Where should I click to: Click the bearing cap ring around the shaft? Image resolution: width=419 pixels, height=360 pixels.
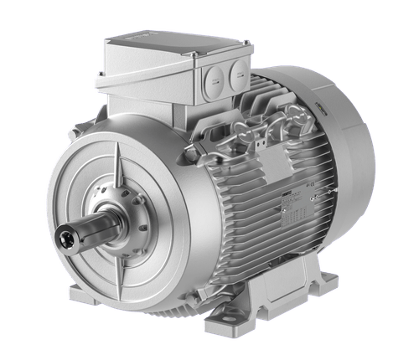pyautogui.click(x=117, y=226)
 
